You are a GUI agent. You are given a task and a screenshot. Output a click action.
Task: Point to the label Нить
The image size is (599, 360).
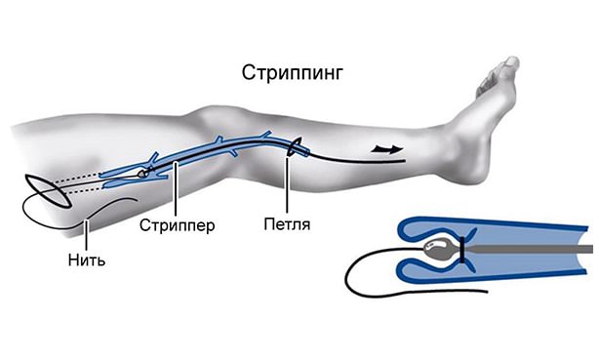[x=87, y=260]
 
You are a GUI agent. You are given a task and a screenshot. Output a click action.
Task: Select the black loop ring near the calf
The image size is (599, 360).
[x=293, y=148]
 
